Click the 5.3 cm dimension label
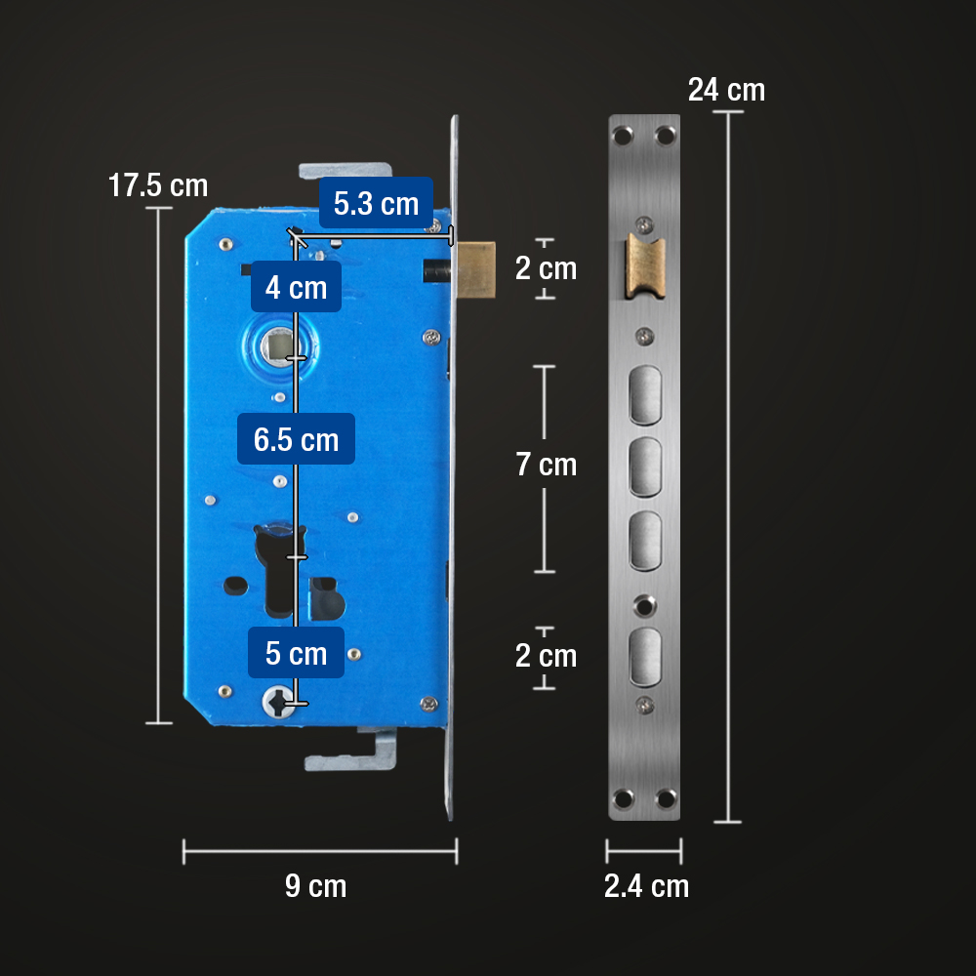(x=376, y=204)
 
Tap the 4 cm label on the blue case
(x=295, y=287)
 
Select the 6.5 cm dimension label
(x=296, y=439)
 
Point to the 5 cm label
(x=296, y=652)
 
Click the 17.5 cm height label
(x=157, y=185)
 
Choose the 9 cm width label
(x=315, y=886)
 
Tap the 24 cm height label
(x=726, y=90)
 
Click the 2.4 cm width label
(x=645, y=886)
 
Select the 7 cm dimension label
(x=547, y=465)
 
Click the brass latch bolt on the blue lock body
(x=477, y=268)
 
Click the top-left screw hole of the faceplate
(x=622, y=134)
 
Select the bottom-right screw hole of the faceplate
(x=666, y=799)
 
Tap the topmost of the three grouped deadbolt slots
(x=644, y=395)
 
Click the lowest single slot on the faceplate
(x=644, y=656)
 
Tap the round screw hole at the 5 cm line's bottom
(x=276, y=700)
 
